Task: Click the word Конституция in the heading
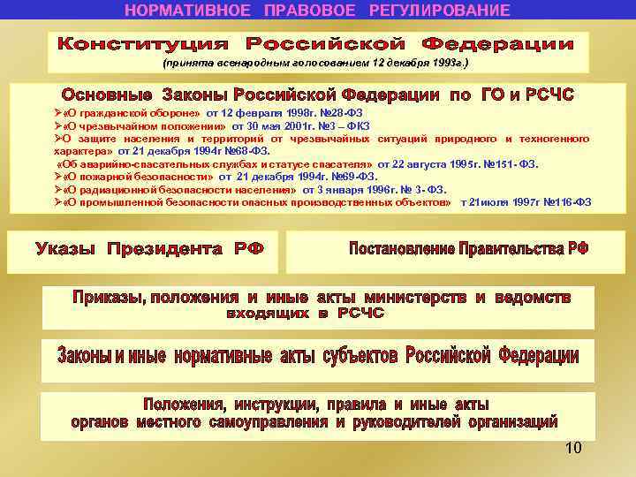[x=142, y=43]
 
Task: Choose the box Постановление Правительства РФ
[x=468, y=248]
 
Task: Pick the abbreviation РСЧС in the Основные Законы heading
[x=549, y=95]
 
